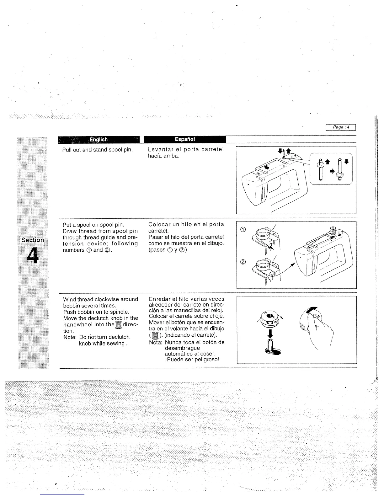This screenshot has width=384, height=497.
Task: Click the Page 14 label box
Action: pos(341,127)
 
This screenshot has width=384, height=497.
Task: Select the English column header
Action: pos(99,139)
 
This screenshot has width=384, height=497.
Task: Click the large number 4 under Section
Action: pos(32,256)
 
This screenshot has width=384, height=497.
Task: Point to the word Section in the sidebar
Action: pos(32,240)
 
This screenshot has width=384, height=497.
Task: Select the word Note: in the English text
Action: pos(70,337)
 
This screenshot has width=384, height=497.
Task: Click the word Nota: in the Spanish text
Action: pos(156,342)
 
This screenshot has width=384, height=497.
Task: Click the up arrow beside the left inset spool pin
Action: pos(327,162)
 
